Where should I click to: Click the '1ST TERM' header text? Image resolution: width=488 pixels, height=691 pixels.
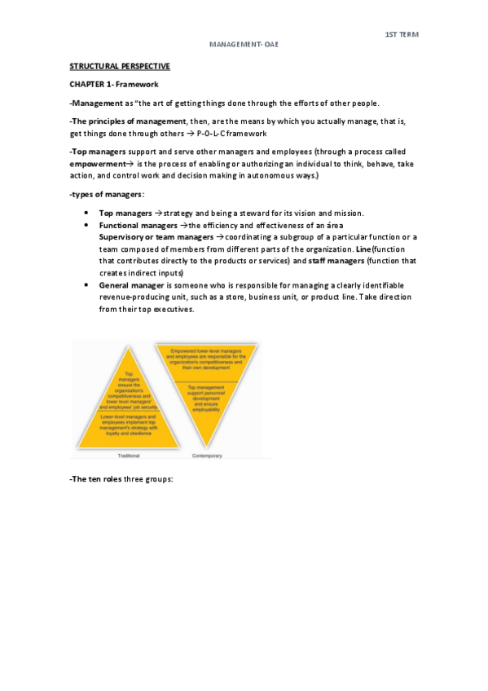pos(401,34)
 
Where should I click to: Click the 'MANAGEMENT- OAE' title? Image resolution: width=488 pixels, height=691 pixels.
pos(244,46)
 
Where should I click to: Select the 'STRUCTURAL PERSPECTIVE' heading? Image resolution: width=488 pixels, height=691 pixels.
pos(121,66)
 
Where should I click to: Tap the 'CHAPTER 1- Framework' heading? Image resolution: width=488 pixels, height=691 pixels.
pos(113,84)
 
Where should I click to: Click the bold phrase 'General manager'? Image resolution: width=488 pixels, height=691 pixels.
pos(132,285)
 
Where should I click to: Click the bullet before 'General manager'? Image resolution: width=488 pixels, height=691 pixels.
pos(86,285)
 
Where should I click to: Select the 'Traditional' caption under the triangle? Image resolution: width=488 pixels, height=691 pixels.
pos(130,456)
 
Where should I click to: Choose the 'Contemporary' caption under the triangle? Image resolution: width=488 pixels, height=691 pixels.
pos(207,456)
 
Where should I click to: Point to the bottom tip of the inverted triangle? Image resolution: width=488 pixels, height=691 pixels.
pos(208,447)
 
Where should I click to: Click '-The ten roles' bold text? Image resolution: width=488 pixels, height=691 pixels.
pos(95,479)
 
